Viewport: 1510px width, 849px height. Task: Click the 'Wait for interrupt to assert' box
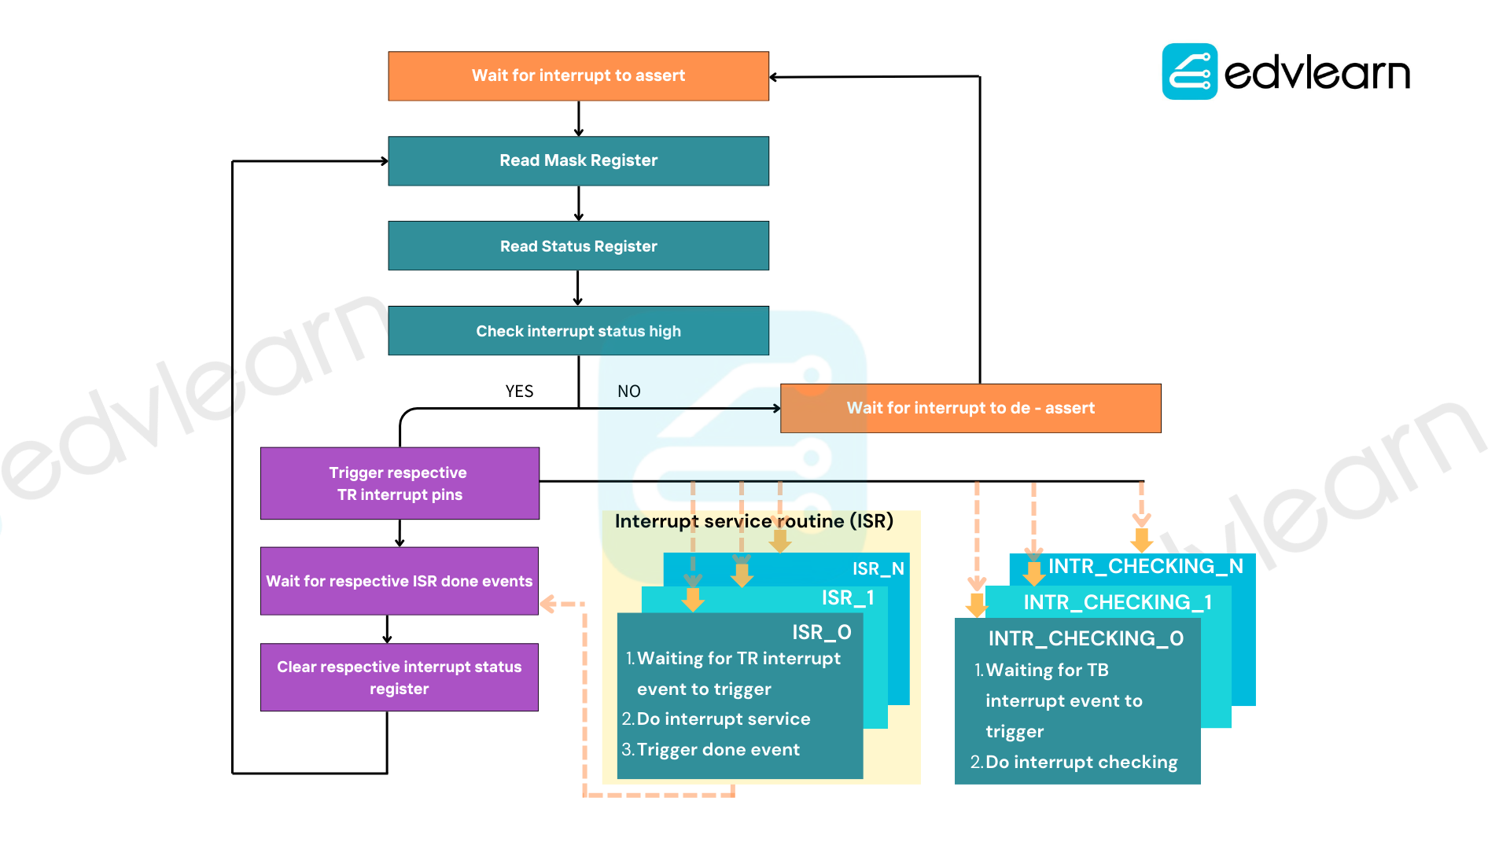[578, 76]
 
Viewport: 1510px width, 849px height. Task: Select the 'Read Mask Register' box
[578, 161]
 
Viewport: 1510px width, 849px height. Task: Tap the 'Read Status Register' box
[578, 246]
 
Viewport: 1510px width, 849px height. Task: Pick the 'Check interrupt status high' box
[578, 331]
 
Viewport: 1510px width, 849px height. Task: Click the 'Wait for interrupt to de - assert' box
[970, 408]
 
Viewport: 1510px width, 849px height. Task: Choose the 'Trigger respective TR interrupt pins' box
[400, 483]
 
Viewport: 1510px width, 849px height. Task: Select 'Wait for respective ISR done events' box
[400, 581]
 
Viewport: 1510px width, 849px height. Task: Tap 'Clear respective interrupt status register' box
[400, 678]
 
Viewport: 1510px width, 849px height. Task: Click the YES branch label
[519, 391]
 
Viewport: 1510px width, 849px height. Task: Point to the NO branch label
[629, 391]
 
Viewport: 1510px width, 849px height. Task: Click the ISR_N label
[878, 568]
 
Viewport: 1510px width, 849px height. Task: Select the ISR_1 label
[848, 598]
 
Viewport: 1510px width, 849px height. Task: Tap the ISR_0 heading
[822, 632]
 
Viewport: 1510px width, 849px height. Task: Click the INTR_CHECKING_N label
[1146, 566]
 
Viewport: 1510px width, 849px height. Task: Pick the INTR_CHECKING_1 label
[1118, 602]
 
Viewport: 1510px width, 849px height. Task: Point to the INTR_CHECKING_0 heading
[1086, 638]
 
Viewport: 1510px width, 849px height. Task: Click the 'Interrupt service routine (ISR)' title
[754, 521]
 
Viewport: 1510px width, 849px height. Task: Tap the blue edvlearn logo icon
[1190, 72]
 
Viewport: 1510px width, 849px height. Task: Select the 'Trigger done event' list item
[711, 750]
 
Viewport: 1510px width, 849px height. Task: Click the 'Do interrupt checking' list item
[1074, 763]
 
